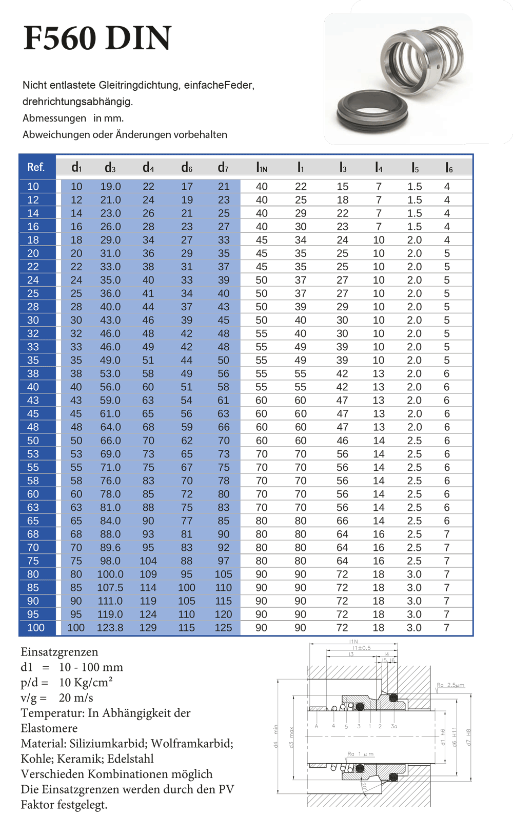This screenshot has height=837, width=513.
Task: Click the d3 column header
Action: [x=110, y=168]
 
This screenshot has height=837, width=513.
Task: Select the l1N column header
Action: [x=262, y=168]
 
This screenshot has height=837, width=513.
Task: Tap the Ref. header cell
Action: [x=36, y=167]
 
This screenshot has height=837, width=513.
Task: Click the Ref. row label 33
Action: [x=33, y=347]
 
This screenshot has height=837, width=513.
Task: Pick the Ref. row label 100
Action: [x=36, y=628]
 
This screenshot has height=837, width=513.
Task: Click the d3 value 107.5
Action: [x=110, y=588]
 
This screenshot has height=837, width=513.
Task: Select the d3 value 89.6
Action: [x=110, y=548]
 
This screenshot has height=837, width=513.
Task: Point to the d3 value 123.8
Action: [x=110, y=628]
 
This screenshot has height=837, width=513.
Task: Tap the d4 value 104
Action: [x=148, y=561]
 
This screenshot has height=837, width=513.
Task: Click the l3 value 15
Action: [x=343, y=187]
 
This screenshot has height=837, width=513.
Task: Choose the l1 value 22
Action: [x=301, y=187]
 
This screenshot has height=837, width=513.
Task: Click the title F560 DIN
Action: [x=97, y=38]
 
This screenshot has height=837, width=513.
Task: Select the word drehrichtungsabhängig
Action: [x=77, y=102]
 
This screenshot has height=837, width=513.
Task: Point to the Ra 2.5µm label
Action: [x=450, y=685]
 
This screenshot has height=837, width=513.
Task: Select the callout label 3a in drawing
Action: [x=394, y=726]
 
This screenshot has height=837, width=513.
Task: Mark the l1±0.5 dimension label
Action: [x=362, y=648]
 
